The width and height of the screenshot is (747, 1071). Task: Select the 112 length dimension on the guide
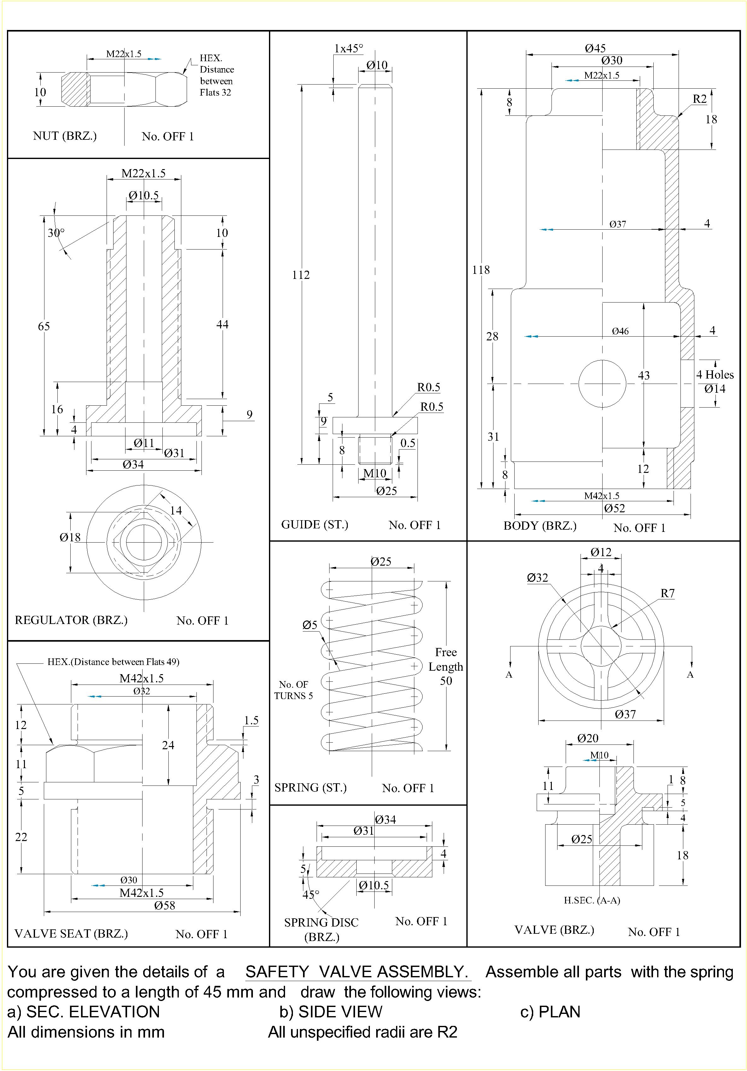301,275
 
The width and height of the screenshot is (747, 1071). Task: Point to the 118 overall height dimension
481,270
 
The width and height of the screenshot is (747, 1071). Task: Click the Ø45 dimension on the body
595,48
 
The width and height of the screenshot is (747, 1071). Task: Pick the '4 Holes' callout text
715,374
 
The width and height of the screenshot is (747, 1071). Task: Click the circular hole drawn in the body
603,383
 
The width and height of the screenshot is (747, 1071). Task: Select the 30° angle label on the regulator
56,233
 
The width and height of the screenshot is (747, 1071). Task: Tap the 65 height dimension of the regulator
44,326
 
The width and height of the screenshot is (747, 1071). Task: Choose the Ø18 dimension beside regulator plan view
70,537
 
